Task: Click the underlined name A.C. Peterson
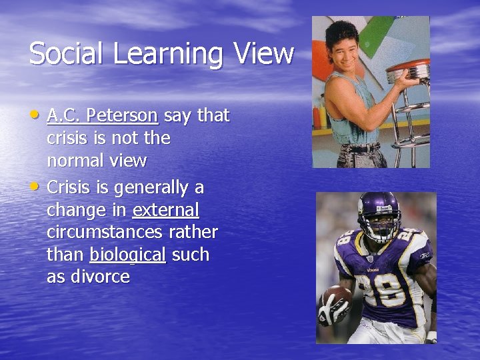[x=103, y=116]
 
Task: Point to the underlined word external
[x=165, y=209]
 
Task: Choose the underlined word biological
[x=127, y=255]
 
